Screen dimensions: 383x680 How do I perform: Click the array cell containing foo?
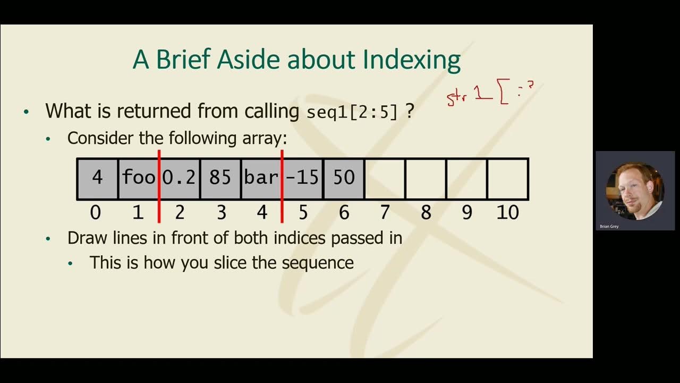click(x=138, y=178)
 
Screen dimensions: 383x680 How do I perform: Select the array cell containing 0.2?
click(x=180, y=178)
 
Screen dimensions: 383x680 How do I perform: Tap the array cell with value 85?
click(x=220, y=178)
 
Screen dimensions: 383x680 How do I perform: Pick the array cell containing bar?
click(x=261, y=178)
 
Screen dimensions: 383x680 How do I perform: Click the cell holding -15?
click(x=302, y=178)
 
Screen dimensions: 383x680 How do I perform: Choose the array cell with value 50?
click(x=343, y=178)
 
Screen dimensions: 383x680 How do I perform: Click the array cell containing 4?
click(x=97, y=178)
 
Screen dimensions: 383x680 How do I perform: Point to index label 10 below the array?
click(x=507, y=213)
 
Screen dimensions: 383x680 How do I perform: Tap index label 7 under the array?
click(x=385, y=213)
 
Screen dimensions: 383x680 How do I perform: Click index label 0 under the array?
click(x=96, y=213)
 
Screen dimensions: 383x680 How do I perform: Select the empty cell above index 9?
click(x=466, y=179)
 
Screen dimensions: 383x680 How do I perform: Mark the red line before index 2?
click(x=159, y=186)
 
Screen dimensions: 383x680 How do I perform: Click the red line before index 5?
click(x=282, y=186)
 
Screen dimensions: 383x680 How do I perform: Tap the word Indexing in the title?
click(x=411, y=60)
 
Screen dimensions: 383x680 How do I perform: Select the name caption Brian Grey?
click(x=609, y=227)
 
